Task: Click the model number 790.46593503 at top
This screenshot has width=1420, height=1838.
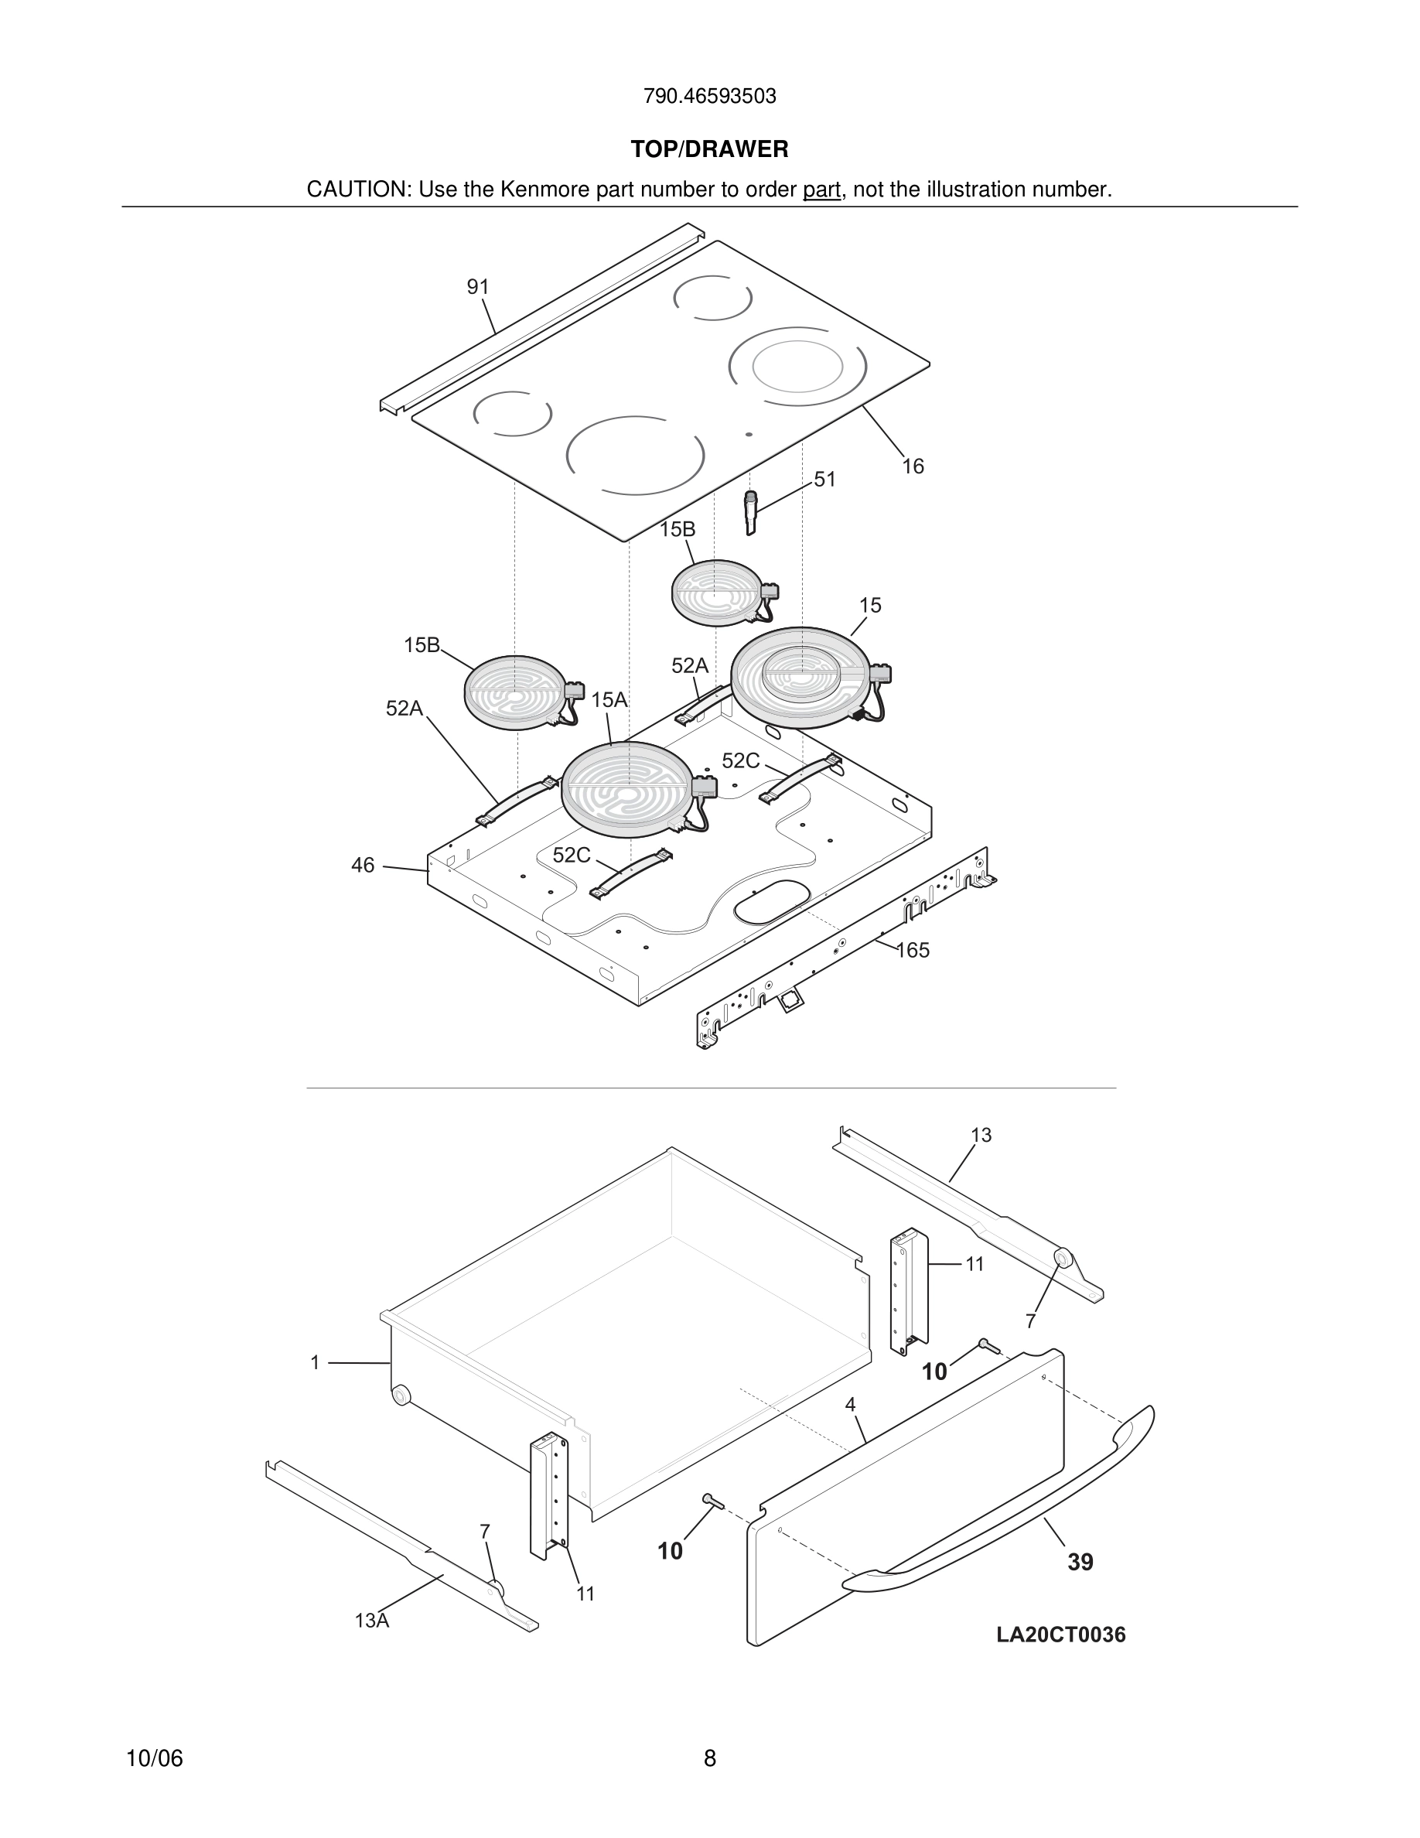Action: (709, 96)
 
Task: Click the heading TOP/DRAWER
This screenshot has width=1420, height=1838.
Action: (709, 149)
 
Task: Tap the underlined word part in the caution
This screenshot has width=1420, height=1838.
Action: (822, 190)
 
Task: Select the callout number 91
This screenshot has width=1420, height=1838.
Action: (478, 287)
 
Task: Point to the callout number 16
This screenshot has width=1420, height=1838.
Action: (913, 466)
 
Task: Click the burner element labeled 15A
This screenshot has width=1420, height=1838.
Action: (627, 789)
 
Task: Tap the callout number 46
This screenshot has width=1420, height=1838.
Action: (363, 865)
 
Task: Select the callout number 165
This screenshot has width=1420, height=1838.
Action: (913, 950)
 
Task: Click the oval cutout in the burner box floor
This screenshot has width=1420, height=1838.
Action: (768, 900)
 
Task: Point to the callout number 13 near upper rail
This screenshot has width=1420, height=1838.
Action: (981, 1136)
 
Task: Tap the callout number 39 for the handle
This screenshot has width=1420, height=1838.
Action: (1080, 1562)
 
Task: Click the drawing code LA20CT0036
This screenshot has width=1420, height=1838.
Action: (1061, 1635)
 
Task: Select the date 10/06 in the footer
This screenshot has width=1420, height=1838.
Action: (154, 1758)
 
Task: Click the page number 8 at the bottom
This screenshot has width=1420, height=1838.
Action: (709, 1758)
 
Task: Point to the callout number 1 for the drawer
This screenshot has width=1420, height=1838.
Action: (315, 1362)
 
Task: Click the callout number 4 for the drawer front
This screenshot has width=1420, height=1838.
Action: (851, 1405)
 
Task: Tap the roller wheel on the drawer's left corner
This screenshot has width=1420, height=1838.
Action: (401, 1396)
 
